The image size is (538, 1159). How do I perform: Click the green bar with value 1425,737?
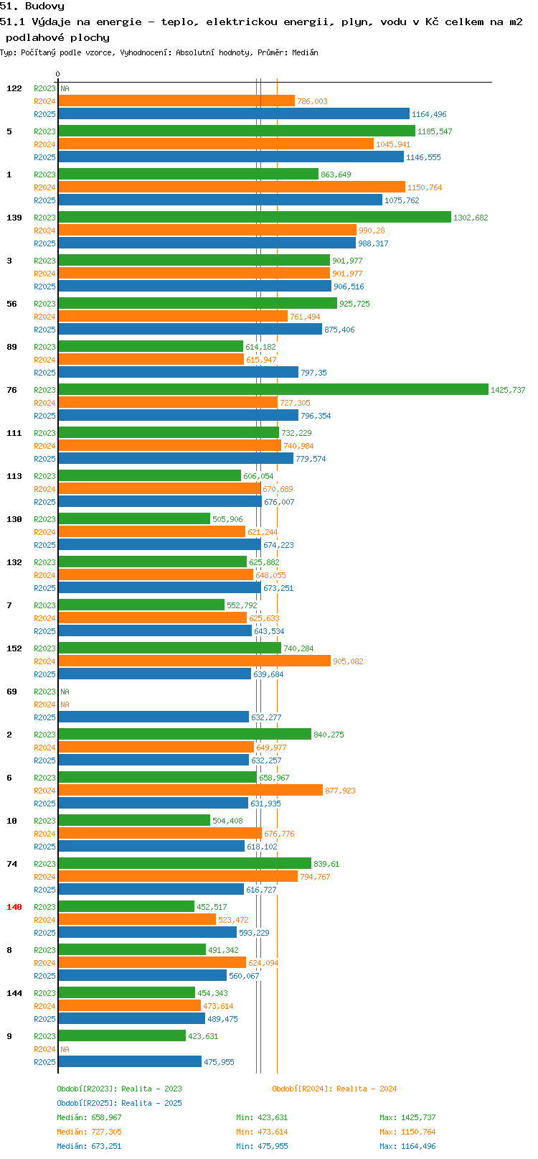click(x=273, y=389)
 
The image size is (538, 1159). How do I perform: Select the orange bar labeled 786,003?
click(x=176, y=101)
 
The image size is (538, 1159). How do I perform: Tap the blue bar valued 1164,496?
click(x=234, y=114)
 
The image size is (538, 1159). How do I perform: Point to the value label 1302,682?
click(x=471, y=218)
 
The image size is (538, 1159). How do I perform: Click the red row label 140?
click(x=14, y=907)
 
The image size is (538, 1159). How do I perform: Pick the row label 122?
click(x=14, y=88)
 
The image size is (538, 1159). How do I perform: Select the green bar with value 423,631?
click(x=122, y=1035)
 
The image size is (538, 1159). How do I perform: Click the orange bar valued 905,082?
click(x=194, y=661)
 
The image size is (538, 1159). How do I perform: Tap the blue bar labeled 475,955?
click(x=130, y=1061)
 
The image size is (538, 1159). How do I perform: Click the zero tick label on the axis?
click(x=57, y=74)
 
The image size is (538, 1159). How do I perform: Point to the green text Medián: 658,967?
click(x=89, y=1117)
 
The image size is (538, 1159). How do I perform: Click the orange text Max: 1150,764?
click(x=407, y=1132)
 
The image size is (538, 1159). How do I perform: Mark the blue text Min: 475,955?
click(x=262, y=1146)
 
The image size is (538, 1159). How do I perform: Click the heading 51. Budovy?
click(x=32, y=6)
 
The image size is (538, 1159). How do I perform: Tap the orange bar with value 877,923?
click(x=190, y=790)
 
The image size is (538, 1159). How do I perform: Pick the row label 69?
click(x=11, y=692)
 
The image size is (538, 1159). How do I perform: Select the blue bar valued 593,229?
click(x=147, y=932)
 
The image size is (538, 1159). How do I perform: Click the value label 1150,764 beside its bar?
click(x=425, y=188)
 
